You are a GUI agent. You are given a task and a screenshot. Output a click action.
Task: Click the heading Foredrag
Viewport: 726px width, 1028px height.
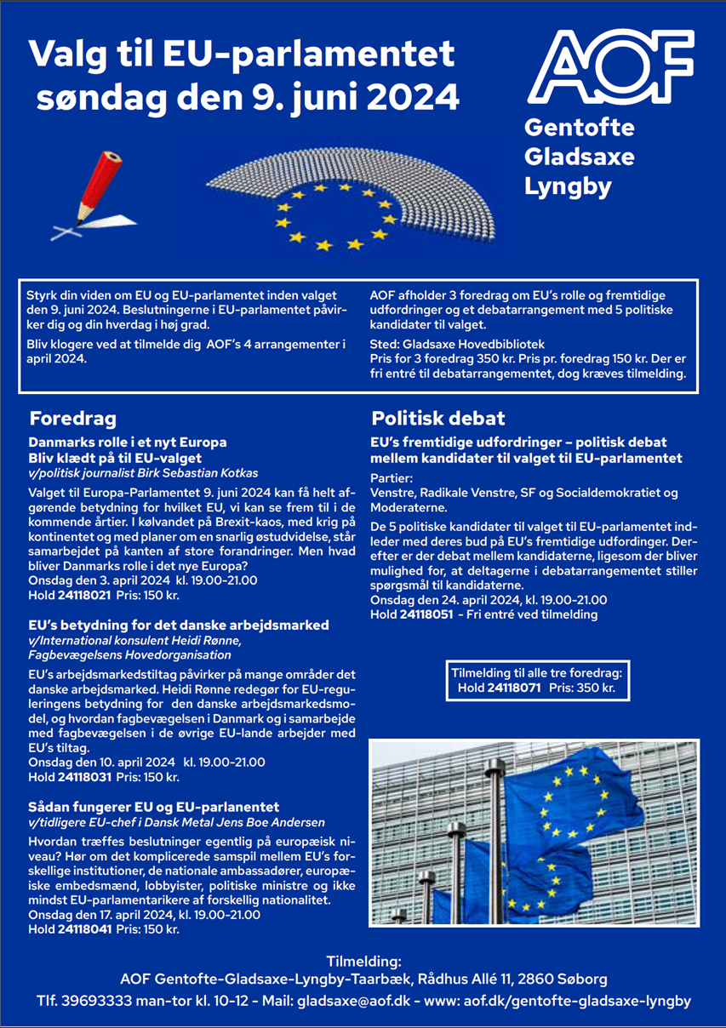(72, 419)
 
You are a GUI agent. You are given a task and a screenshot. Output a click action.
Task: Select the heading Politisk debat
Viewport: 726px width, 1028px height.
(437, 419)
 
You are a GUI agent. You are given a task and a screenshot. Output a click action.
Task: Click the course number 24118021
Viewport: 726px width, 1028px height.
(87, 595)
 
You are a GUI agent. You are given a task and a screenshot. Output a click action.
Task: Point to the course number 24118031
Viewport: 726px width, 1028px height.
(87, 777)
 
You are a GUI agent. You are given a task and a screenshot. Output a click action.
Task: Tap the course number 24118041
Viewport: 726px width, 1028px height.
(87, 930)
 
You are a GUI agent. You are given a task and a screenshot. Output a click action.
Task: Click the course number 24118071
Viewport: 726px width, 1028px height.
(513, 688)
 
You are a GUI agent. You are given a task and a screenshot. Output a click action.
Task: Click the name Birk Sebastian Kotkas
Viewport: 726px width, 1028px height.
(203, 473)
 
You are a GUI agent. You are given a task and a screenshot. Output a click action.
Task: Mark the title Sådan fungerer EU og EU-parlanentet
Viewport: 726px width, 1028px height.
(154, 806)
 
